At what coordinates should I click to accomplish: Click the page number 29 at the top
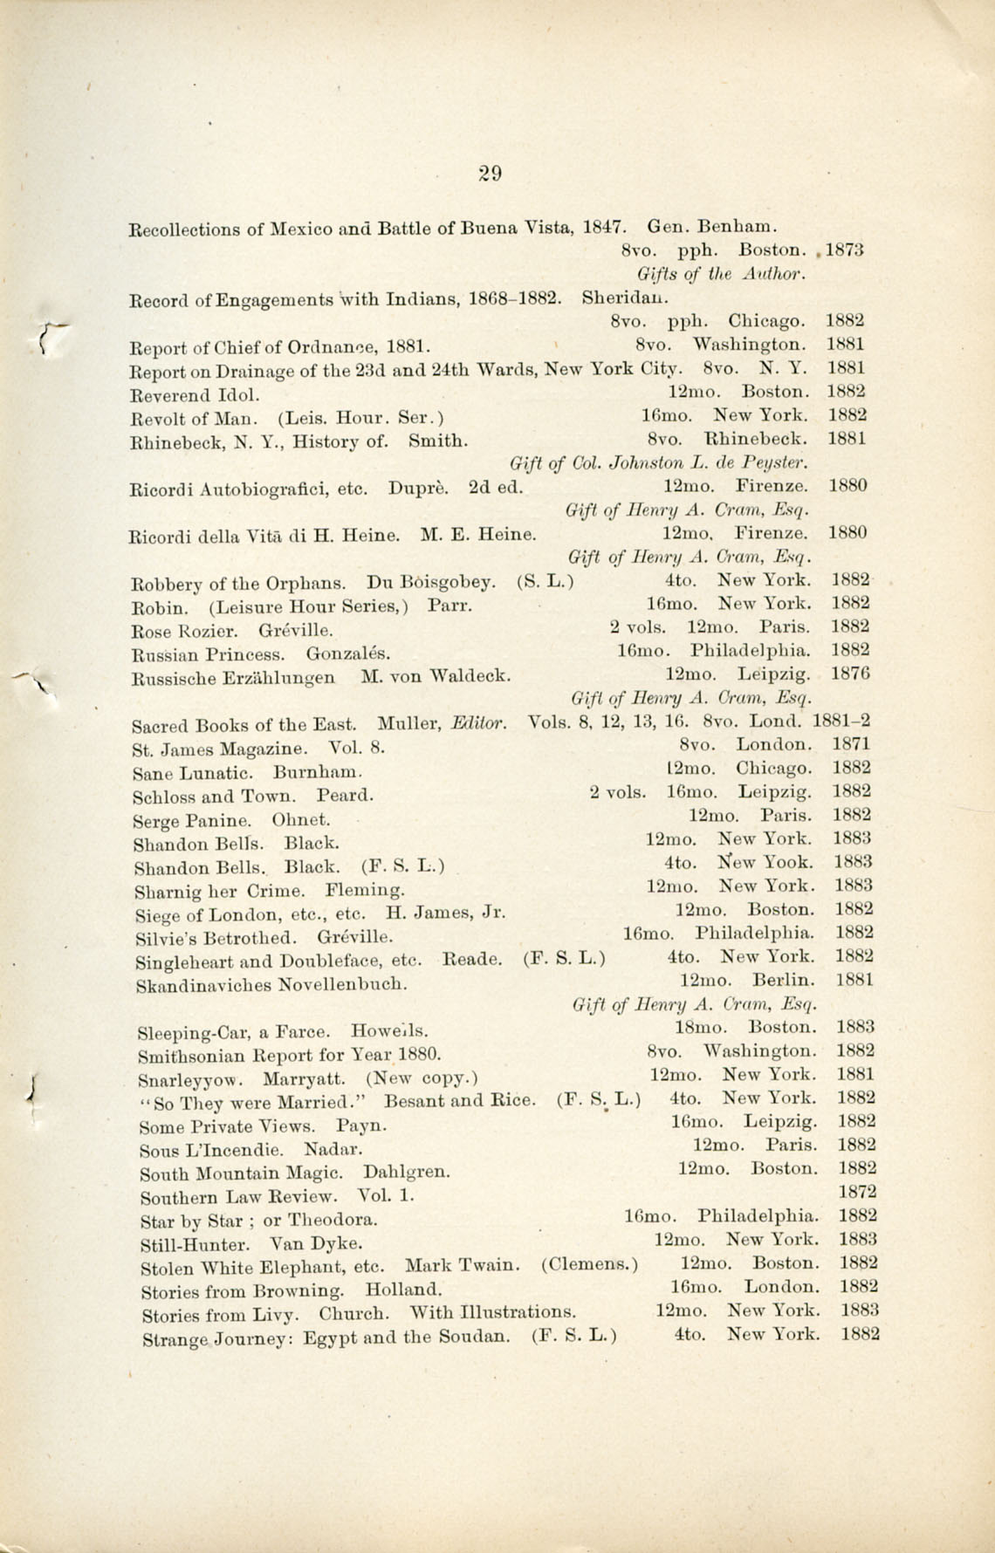pos(490,173)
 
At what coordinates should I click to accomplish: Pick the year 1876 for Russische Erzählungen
pos(850,674)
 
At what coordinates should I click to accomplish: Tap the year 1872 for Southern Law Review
pos(855,1192)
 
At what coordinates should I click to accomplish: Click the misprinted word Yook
pos(789,863)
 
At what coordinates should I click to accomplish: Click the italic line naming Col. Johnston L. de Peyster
pos(659,462)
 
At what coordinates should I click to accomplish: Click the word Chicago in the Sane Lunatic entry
pos(773,769)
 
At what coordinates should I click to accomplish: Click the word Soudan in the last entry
pos(490,1336)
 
